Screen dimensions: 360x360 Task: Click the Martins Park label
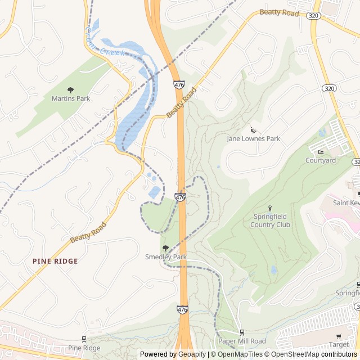click(x=71, y=98)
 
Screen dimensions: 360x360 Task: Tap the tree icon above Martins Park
click(x=70, y=90)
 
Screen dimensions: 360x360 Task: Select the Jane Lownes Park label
click(x=253, y=138)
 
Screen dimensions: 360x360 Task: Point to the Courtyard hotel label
click(x=321, y=160)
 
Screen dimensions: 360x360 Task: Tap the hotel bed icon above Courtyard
click(x=321, y=152)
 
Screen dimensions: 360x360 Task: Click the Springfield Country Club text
click(x=271, y=220)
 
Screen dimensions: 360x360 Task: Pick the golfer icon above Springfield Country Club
click(x=270, y=209)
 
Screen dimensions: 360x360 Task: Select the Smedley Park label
click(x=165, y=257)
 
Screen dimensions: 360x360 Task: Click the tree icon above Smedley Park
click(x=165, y=248)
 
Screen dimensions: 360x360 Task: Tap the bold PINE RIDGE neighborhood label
click(x=55, y=261)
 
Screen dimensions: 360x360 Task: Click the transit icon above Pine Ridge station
click(x=84, y=339)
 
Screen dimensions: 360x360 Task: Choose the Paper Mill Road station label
click(x=242, y=341)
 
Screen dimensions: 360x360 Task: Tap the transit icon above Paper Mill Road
click(x=242, y=332)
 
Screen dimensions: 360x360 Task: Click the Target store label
click(x=339, y=344)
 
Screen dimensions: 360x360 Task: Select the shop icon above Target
click(x=339, y=335)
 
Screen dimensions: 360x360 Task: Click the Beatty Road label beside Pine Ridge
click(x=88, y=232)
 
